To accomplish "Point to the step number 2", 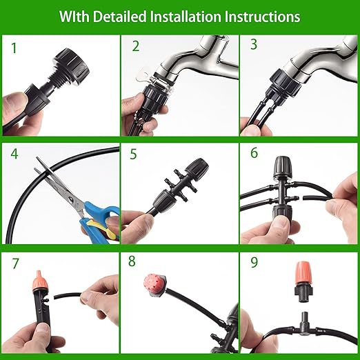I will coord(136,47).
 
